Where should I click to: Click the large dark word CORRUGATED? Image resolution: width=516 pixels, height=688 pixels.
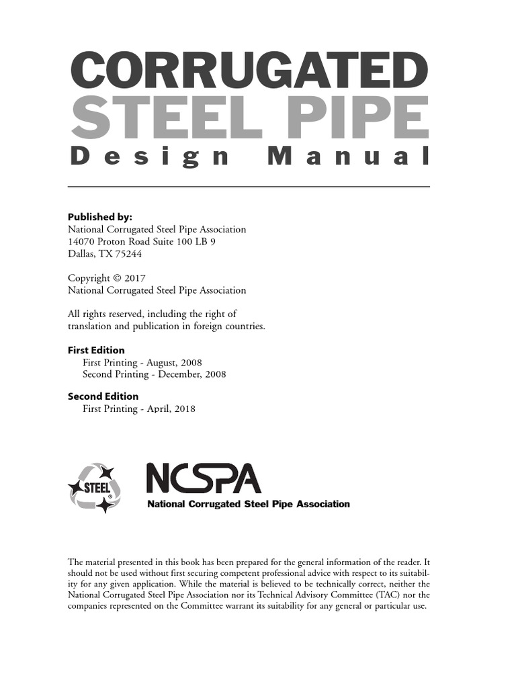249,71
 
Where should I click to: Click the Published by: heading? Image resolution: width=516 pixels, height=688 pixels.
100,217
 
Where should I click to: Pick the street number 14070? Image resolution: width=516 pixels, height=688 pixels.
81,242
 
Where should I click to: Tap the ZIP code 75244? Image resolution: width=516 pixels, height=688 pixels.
128,254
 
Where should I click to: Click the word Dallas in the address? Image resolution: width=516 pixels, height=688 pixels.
83,254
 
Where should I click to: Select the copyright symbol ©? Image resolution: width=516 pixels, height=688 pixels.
117,278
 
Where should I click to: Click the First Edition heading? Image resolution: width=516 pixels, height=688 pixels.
96,350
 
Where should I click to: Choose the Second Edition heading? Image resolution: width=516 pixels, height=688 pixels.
103,396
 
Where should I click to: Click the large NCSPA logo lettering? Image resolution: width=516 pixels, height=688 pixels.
203,480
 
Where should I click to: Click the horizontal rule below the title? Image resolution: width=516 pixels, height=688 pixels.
249,186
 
